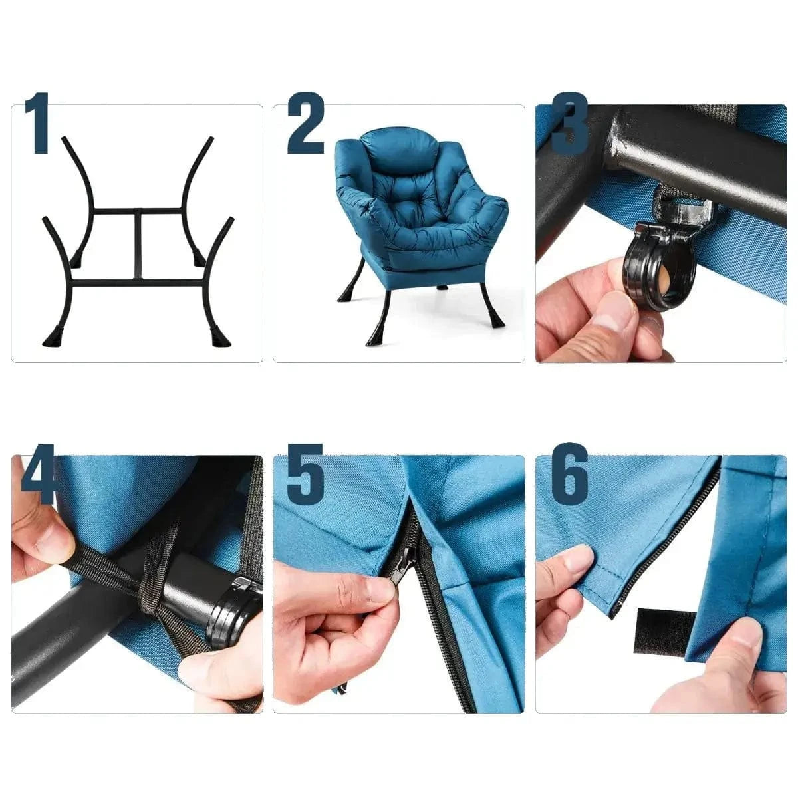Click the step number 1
pos(38,123)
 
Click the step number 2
pos(306,123)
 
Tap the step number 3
pos(569,123)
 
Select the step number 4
pos(38,473)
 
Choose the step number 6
pos(570,473)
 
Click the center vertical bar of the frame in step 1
pos(138,246)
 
